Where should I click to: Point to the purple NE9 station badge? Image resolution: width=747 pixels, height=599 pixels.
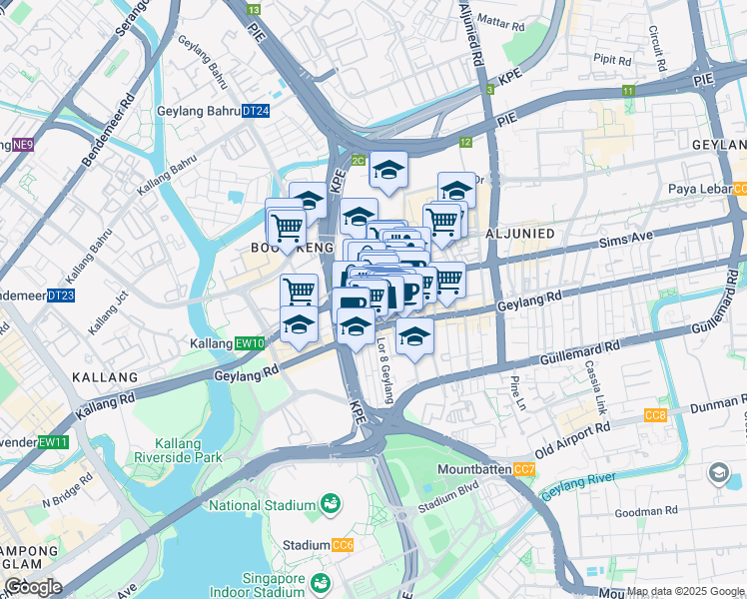pos(22,145)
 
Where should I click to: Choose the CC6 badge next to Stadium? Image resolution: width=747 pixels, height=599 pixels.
pos(343,545)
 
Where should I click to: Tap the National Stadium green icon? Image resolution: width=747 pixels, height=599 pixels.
pos(331,506)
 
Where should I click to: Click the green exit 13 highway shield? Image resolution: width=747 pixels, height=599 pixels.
pos(254,8)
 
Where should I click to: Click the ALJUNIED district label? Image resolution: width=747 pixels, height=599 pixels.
pos(518,233)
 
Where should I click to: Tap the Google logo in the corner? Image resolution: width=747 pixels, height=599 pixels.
pos(32,587)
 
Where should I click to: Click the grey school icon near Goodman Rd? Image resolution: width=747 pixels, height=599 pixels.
pos(718,472)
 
